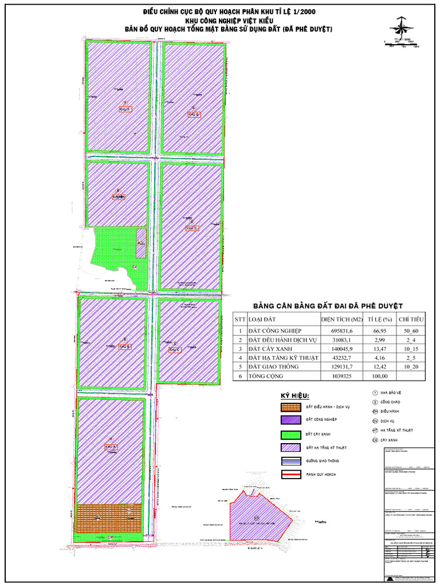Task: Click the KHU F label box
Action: point(125,108)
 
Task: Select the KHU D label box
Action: point(192,228)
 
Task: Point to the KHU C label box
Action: point(175,349)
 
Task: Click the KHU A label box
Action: point(111,447)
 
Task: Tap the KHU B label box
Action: point(125,347)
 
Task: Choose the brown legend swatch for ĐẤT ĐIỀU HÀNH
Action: point(290,407)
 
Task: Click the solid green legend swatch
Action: point(290,434)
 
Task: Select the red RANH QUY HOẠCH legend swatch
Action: point(290,475)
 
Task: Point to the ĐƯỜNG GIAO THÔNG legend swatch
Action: point(290,461)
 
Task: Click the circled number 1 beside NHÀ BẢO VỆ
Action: point(374,393)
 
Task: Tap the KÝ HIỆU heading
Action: point(294,396)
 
